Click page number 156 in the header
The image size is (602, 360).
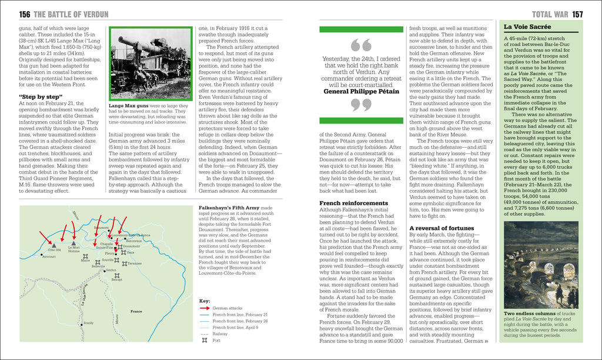pyautogui.click(x=25, y=14)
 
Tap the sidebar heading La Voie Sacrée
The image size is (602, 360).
pyautogui.click(x=527, y=27)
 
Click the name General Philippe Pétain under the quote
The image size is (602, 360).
pyautogui.click(x=361, y=91)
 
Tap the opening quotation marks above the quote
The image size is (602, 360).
pyautogui.click(x=361, y=45)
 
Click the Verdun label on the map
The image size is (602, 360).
pyautogui.click(x=112, y=270)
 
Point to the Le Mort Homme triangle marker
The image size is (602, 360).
pyautogui.click(x=73, y=242)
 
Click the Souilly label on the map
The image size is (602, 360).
pyautogui.click(x=88, y=322)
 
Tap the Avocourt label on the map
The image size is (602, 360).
pyautogui.click(x=49, y=256)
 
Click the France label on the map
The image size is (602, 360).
pyautogui.click(x=136, y=311)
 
